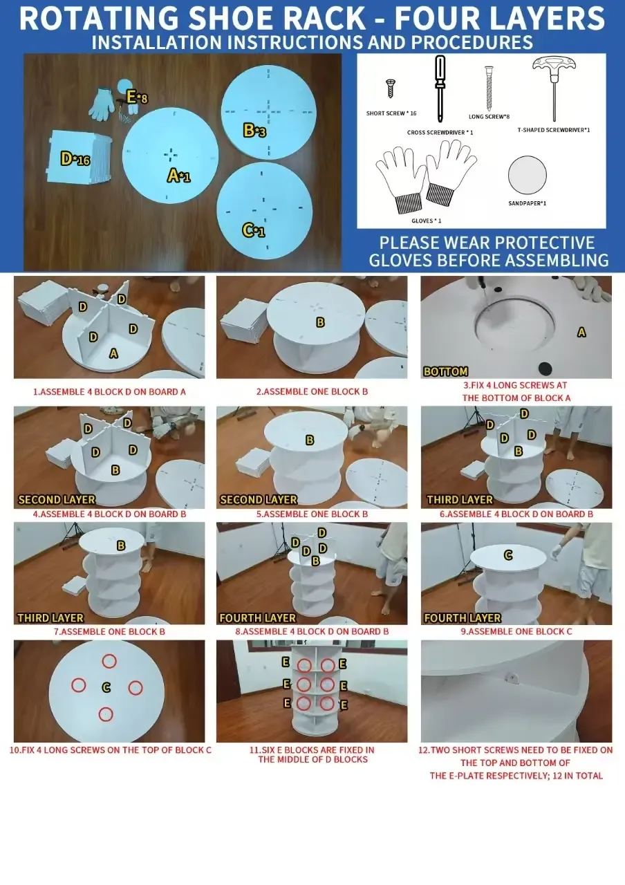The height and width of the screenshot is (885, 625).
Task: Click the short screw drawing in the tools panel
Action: pos(390,88)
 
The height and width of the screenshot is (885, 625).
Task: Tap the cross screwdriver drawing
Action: pos(440,89)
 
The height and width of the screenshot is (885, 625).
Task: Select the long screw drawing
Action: pos(489,88)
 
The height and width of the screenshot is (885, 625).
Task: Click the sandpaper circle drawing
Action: pos(527,175)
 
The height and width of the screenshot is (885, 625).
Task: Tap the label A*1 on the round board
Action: pos(178,176)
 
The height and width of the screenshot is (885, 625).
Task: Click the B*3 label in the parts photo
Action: pos(254,130)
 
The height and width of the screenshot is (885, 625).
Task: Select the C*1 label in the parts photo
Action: pos(253,230)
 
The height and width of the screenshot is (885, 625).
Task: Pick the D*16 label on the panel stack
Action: pos(75,159)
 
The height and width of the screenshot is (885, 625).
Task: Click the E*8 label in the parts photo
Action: pos(137,97)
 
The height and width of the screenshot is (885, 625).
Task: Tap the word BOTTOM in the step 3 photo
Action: pos(445,371)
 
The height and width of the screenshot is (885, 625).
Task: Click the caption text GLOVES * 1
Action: pos(427,221)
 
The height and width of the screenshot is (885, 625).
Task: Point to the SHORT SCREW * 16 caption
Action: pos(391,113)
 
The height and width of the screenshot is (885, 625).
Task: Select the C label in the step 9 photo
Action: pos(508,555)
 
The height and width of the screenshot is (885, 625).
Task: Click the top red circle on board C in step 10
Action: pos(109,660)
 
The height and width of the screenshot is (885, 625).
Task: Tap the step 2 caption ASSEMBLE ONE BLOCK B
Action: pos(312,391)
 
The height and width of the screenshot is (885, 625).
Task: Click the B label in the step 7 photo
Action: pos(121,546)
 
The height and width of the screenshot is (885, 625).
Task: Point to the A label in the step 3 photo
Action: pos(581,333)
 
